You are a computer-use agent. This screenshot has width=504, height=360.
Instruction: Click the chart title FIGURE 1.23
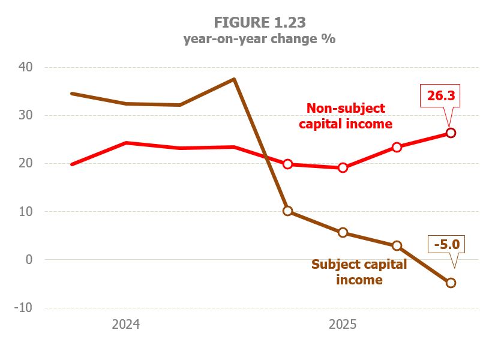point(260,23)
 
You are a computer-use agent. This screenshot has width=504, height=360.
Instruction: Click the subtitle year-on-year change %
point(260,40)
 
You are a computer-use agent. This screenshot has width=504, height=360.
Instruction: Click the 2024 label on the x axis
point(126,325)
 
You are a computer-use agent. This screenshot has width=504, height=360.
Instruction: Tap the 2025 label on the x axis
point(343,325)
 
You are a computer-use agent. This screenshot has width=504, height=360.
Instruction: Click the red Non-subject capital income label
point(346,116)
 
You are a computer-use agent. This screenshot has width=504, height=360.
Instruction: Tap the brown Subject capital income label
point(359,272)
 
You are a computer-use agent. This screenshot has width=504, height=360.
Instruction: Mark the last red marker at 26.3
point(451,133)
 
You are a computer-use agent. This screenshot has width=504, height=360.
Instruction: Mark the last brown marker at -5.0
point(451,283)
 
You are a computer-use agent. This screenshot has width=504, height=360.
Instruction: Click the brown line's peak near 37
point(234,79)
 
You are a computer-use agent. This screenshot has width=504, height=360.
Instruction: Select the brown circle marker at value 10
point(288,211)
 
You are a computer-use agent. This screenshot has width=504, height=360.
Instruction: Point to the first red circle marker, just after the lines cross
point(288,164)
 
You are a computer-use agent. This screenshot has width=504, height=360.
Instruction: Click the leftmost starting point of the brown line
point(72,94)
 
